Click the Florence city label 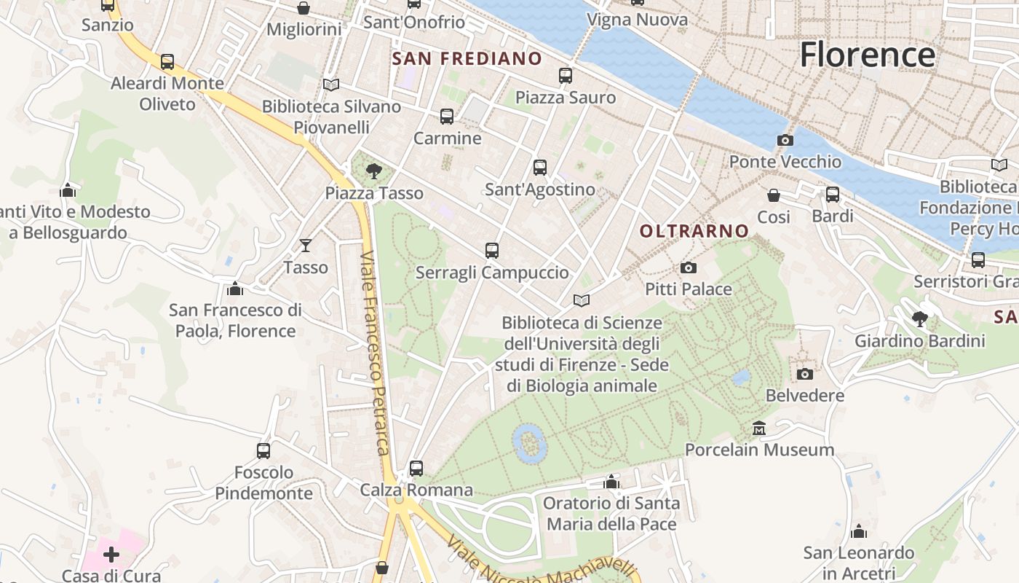pyautogui.click(x=867, y=55)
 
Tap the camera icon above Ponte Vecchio pyautogui.click(x=785, y=140)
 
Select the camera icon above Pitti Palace pyautogui.click(x=688, y=268)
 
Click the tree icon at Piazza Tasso pyautogui.click(x=374, y=171)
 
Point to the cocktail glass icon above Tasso pyautogui.click(x=306, y=246)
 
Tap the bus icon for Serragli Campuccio pyautogui.click(x=492, y=251)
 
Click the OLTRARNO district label pyautogui.click(x=694, y=231)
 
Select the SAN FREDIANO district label pyautogui.click(x=467, y=58)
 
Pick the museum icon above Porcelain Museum pyautogui.click(x=759, y=428)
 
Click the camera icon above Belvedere pyautogui.click(x=804, y=374)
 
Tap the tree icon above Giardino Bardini pyautogui.click(x=920, y=318)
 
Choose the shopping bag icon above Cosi pyautogui.click(x=773, y=195)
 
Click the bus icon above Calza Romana pyautogui.click(x=416, y=468)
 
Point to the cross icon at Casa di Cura pyautogui.click(x=111, y=555)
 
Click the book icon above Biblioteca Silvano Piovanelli pyautogui.click(x=331, y=85)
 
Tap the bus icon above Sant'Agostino pyautogui.click(x=540, y=168)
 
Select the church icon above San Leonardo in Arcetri pyautogui.click(x=859, y=531)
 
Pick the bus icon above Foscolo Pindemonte pyautogui.click(x=263, y=450)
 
